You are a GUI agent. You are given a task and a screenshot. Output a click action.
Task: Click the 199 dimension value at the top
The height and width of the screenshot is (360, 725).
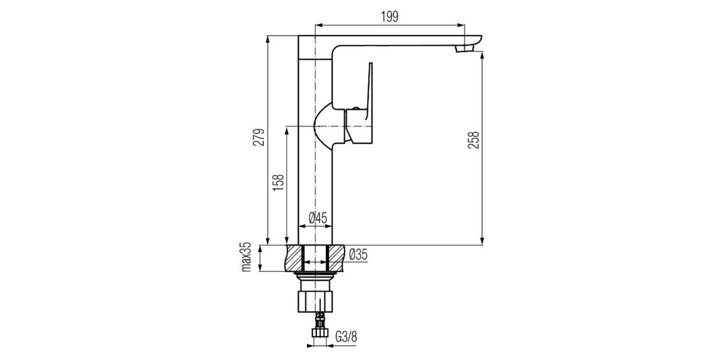(x=389, y=16)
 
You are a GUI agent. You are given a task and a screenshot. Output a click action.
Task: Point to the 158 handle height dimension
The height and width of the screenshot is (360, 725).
(x=278, y=184)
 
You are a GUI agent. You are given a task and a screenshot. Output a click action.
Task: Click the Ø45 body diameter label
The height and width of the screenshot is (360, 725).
(x=317, y=218)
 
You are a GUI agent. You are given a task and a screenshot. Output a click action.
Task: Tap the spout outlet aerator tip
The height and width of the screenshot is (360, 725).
(x=464, y=49)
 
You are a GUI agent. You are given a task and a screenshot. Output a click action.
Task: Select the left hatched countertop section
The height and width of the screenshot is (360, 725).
(x=293, y=258)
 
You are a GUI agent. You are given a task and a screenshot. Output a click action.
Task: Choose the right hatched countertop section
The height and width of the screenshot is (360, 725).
(x=338, y=258)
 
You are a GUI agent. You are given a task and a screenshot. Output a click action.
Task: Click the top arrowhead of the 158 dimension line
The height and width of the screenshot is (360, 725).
(x=287, y=130)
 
